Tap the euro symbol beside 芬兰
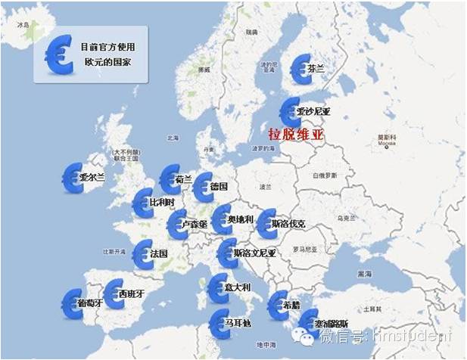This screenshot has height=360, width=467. [301, 68]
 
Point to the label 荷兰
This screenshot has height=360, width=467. [183, 180]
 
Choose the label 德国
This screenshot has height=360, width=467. [219, 186]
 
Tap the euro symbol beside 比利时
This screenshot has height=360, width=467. [142, 203]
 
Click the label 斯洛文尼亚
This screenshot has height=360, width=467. [255, 253]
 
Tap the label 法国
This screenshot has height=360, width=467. [159, 253]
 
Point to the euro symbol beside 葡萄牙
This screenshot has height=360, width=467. [73, 302]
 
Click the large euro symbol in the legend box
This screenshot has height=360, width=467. [58, 54]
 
